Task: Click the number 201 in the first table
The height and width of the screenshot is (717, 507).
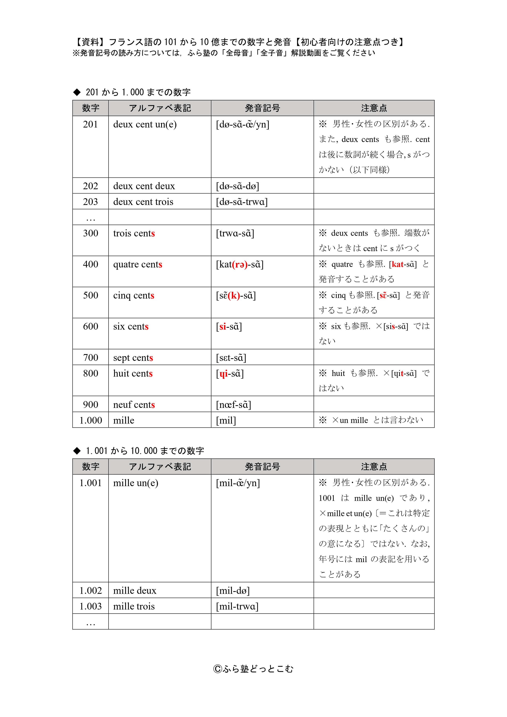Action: [90, 124]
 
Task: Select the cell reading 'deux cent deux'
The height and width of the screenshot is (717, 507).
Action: [144, 186]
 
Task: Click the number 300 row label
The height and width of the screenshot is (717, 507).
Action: [90, 233]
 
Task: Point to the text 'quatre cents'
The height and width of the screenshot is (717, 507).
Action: [137, 264]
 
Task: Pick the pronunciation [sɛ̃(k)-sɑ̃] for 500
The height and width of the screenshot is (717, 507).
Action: [236, 295]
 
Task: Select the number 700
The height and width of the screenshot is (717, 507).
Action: [90, 358]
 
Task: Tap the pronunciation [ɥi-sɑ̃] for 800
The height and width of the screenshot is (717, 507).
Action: [230, 374]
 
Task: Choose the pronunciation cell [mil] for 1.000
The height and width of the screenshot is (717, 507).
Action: [226, 420]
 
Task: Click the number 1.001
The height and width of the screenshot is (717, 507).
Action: [90, 483]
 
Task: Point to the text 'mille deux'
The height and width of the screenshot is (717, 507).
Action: [135, 591]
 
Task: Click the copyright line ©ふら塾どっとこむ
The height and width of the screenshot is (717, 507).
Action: [253, 669]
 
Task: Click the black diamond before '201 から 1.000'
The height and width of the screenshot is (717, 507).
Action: [77, 92]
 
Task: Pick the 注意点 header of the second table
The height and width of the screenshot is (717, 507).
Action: [374, 466]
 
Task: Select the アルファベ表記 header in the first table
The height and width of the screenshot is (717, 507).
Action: [160, 108]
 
